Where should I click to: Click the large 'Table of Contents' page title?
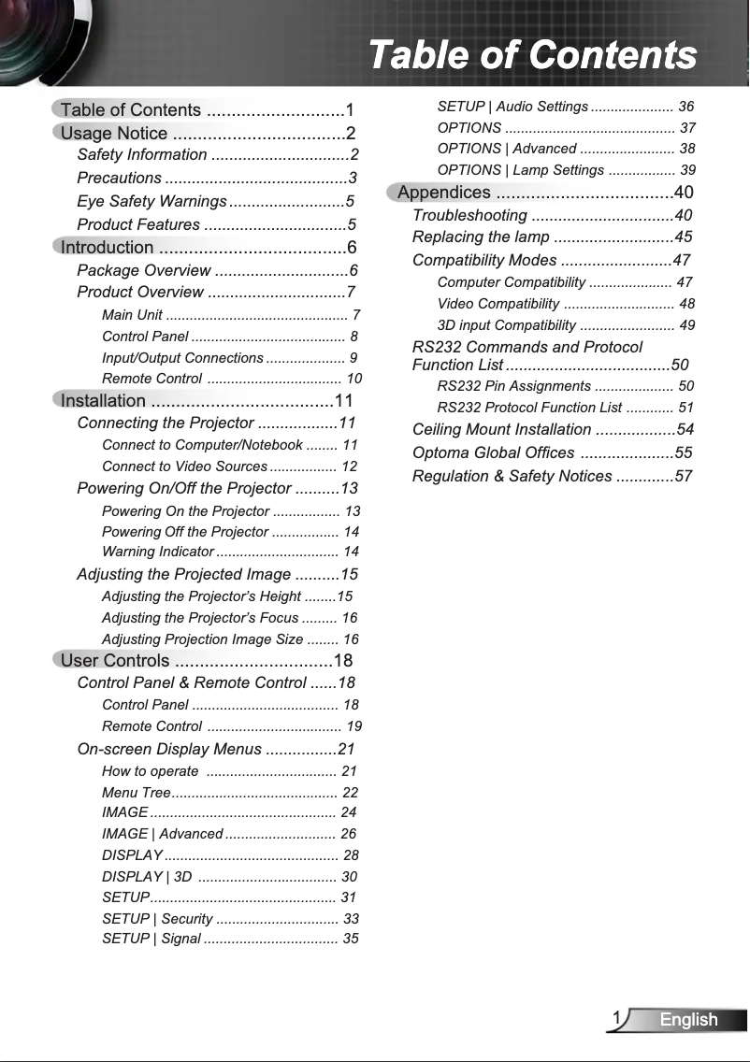click(x=533, y=54)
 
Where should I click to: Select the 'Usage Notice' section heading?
click(x=114, y=134)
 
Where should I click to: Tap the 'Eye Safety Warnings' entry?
click(x=151, y=201)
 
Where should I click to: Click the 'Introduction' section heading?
click(x=108, y=248)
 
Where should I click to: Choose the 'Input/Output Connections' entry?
click(x=182, y=358)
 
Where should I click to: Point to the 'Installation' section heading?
click(x=104, y=401)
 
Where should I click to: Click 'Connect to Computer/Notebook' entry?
click(x=202, y=445)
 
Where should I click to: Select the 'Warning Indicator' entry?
click(x=158, y=553)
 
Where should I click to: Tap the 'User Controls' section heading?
click(x=115, y=662)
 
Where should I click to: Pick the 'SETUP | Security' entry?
click(x=157, y=920)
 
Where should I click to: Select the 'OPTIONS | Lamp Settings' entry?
click(x=521, y=170)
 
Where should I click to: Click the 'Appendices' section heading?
click(x=444, y=193)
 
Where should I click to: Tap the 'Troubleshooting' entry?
click(x=469, y=216)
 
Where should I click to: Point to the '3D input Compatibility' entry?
click(x=507, y=325)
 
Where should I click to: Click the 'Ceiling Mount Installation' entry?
click(x=501, y=430)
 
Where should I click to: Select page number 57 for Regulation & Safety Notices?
click(x=684, y=477)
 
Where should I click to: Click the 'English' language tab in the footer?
click(x=688, y=1020)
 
